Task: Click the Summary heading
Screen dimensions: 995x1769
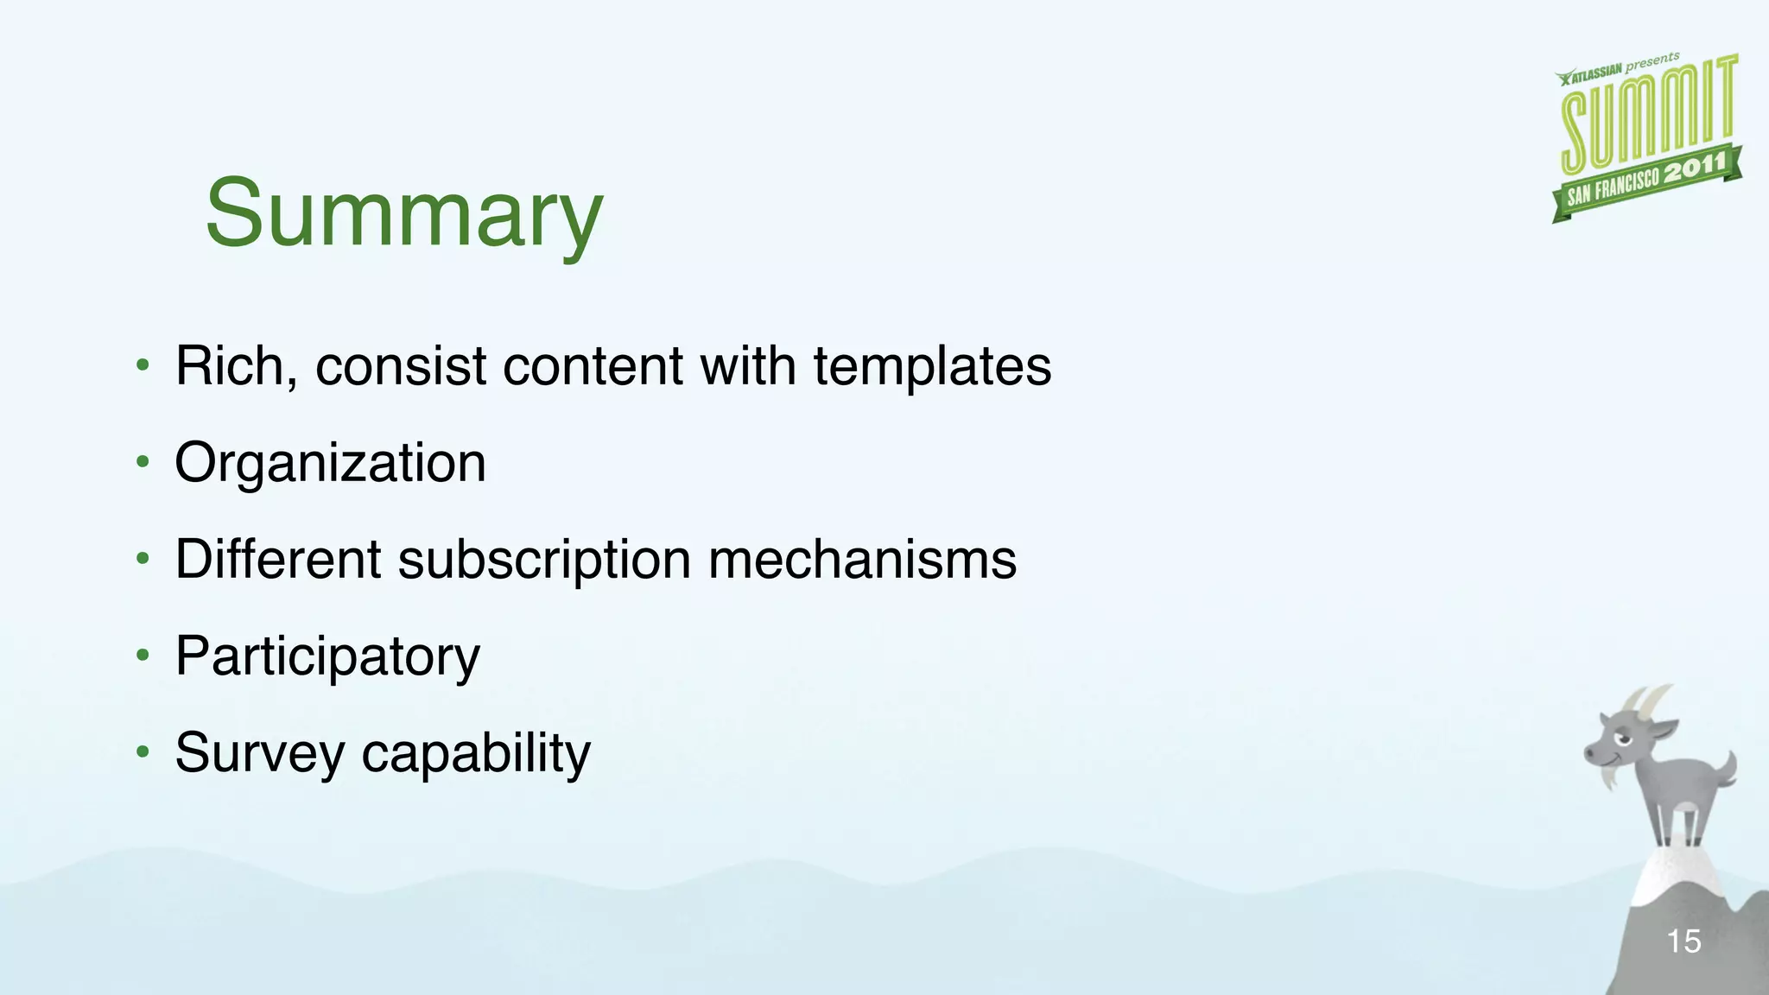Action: [403, 213]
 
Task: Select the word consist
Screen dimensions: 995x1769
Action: [401, 366]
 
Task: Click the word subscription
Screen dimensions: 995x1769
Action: [544, 561]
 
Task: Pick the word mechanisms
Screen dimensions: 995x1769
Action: [862, 560]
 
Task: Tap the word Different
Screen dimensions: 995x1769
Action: [278, 559]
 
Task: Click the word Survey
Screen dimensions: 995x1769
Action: [260, 754]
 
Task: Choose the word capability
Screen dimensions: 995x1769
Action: [476, 754]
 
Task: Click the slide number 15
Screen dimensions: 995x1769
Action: [1683, 941]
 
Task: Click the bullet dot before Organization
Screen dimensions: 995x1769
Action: [143, 463]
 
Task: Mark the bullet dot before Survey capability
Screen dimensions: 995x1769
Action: [143, 752]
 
